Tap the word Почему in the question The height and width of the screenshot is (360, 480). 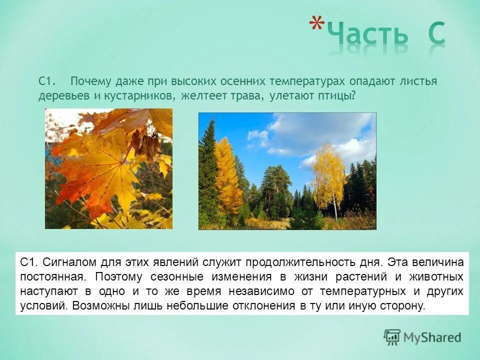[x=89, y=81]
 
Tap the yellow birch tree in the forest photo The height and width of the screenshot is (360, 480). [x=328, y=172]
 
